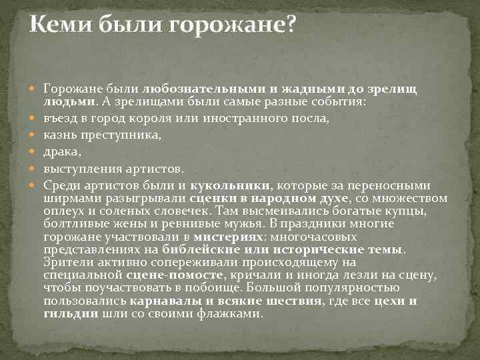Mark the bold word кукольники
[231, 185]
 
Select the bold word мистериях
[225, 236]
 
